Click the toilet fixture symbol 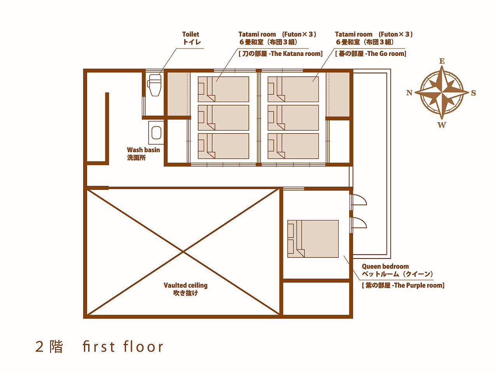(x=154, y=85)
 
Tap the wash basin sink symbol (x=156, y=132)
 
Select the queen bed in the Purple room (x=313, y=239)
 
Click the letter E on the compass (x=442, y=61)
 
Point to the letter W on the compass (x=442, y=125)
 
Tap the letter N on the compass (x=409, y=93)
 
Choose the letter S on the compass (x=474, y=93)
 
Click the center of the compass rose (x=442, y=93)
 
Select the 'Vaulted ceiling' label (x=185, y=285)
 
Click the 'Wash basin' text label (x=143, y=150)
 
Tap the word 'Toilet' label (x=190, y=34)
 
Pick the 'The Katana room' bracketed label (x=281, y=54)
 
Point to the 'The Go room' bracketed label (x=371, y=54)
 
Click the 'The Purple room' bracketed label (x=403, y=285)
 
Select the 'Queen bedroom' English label (x=385, y=266)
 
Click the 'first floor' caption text (x=123, y=346)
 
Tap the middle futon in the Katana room (x=224, y=118)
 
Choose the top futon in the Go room (x=293, y=89)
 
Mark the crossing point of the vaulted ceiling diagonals (x=183, y=252)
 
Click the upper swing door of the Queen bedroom (x=358, y=200)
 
